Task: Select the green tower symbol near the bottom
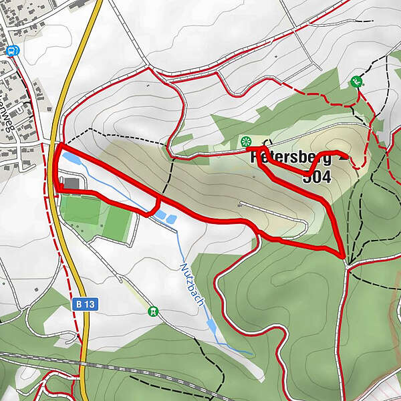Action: coord(154,311)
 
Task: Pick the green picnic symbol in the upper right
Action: coord(356,82)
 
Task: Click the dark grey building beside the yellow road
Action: coord(72,182)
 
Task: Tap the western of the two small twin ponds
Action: coord(160,214)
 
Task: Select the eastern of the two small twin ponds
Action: coord(168,219)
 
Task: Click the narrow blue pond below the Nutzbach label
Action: coord(211,326)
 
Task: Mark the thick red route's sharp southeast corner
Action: coord(344,257)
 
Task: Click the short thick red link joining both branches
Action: coord(158,205)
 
